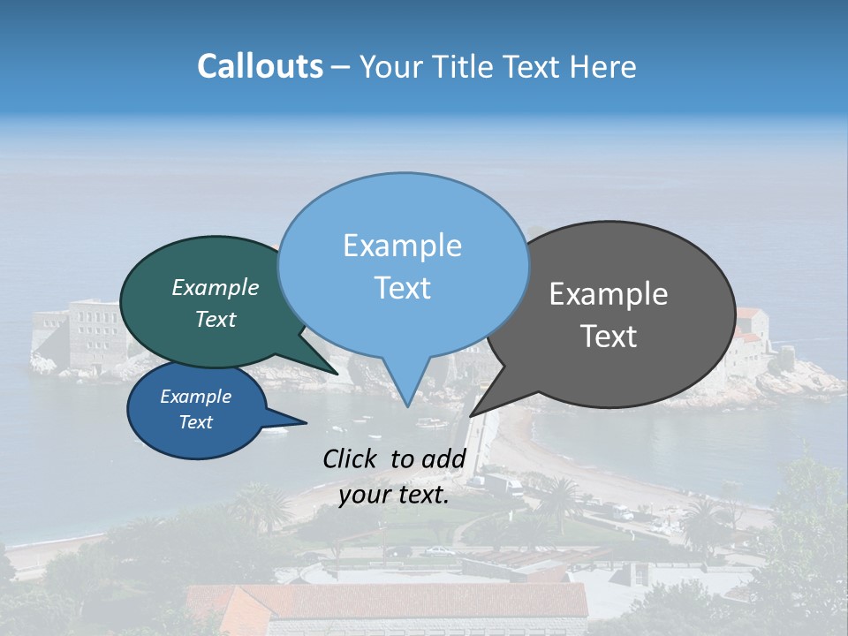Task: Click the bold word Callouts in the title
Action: pos(260,66)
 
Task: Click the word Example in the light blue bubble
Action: pos(402,245)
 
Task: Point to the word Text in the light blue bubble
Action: pos(402,288)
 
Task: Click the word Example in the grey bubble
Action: pos(609,294)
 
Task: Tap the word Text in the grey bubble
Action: pos(609,337)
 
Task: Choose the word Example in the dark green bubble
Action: pos(216,287)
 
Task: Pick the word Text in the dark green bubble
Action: pos(216,319)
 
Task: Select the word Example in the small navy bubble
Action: pos(195,397)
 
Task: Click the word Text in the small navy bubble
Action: pos(195,422)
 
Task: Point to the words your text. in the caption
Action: pos(394,495)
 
